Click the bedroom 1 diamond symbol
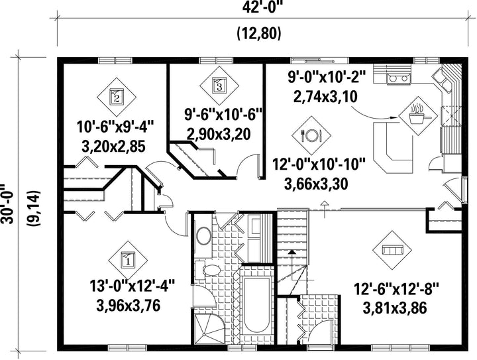128,260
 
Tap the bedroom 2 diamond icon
117,97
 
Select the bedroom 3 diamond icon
219,85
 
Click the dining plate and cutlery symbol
311,135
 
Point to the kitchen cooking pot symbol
418,116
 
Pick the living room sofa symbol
392,250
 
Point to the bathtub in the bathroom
257,305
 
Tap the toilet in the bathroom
208,270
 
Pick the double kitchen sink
443,80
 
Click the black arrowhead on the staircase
291,252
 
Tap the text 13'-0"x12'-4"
132,286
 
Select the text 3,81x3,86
395,308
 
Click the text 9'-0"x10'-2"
325,78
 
